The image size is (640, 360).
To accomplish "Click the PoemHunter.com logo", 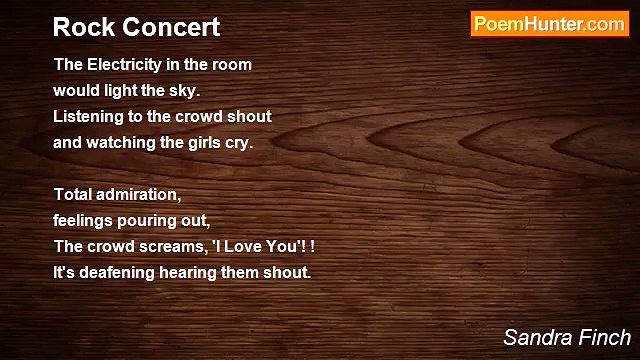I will coord(549,24).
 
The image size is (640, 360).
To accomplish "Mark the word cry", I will coord(238,142).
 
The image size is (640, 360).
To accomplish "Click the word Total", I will coord(73,194).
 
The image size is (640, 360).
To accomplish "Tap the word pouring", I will coord(153,220).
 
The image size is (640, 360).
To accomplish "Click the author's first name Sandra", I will coord(536,337).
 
